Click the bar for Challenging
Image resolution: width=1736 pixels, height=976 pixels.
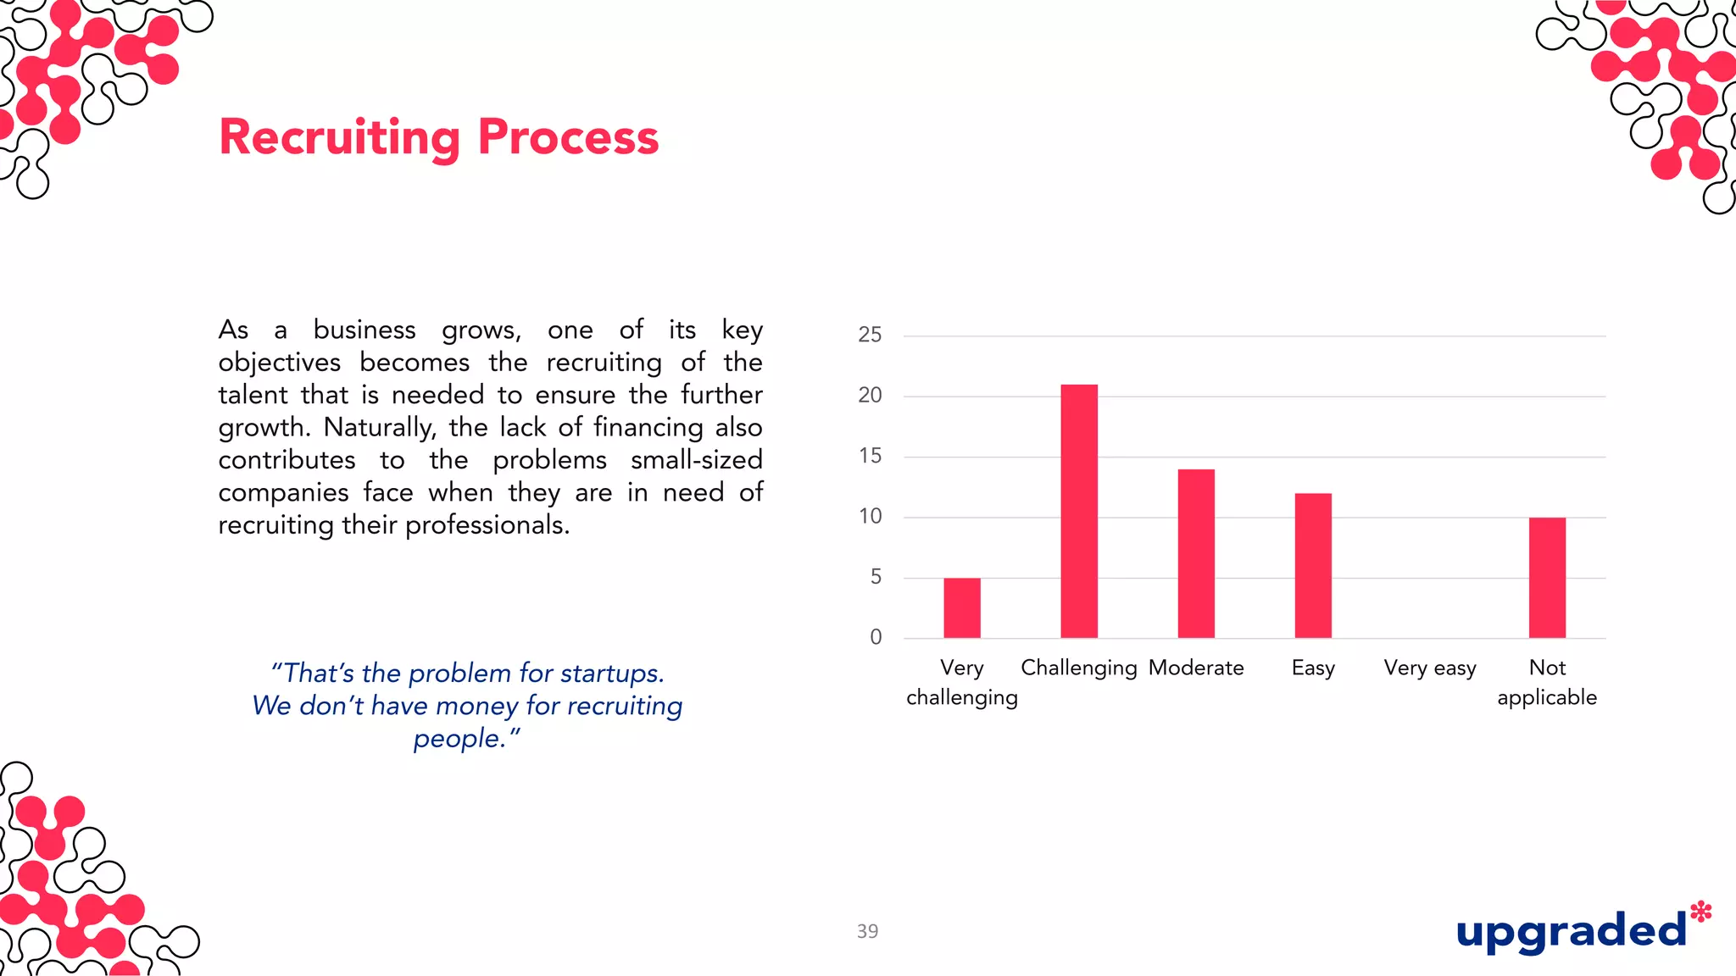1079,511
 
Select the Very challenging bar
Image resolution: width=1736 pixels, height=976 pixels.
962,607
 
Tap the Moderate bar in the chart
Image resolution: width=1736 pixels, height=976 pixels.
1196,553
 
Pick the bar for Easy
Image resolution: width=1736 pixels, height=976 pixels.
1313,565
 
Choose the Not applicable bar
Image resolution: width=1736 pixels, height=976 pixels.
1547,577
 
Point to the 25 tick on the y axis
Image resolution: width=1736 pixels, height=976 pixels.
870,335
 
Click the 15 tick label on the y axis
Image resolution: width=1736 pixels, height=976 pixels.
870,456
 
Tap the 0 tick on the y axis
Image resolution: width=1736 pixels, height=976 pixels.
876,637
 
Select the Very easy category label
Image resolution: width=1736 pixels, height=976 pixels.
1430,668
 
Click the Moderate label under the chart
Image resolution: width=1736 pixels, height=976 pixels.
1196,668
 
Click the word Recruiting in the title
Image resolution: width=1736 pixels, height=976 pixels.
340,138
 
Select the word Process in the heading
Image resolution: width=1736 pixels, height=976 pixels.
568,136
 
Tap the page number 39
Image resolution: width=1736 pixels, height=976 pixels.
867,931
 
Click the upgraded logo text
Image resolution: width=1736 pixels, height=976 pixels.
1571,932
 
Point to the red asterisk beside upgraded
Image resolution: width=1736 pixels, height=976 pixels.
1700,912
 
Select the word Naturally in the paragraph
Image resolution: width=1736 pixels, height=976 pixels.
379,428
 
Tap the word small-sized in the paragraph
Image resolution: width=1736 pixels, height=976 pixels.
696,460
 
